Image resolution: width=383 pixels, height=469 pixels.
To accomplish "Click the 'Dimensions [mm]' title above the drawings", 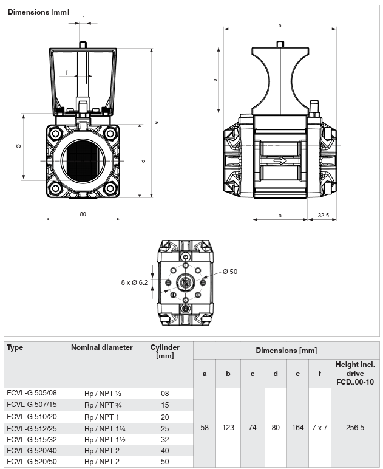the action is coord(38,12).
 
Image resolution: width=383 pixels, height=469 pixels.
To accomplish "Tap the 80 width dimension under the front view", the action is coord(83,214).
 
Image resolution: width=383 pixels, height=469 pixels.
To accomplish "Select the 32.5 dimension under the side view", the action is coord(324,215).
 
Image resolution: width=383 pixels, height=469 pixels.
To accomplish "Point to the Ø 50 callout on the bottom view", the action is coord(230,272).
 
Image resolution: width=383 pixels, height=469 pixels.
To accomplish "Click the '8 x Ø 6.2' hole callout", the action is coord(134,282).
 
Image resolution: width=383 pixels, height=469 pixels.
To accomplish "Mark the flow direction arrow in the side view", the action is coord(280,161).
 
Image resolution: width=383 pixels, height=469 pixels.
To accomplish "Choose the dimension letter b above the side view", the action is coord(280,26).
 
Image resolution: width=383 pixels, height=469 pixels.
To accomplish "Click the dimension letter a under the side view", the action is coord(280,215).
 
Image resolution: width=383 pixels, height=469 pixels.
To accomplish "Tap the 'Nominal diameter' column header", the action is coord(102,347).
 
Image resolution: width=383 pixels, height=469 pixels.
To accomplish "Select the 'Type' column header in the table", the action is coord(15,347).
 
